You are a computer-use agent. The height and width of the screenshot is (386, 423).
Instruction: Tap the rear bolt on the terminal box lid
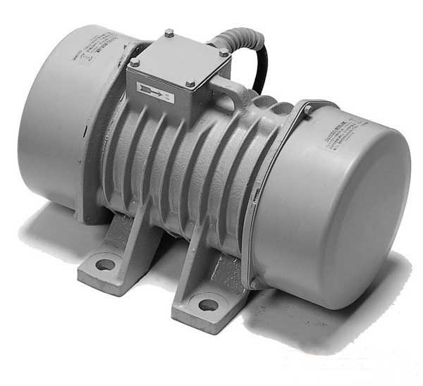[169, 32]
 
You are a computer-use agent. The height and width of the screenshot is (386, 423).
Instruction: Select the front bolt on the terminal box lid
[189, 85]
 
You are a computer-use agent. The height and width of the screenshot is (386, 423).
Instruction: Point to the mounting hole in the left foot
[106, 265]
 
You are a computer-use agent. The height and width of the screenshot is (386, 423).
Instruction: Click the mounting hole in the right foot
[208, 305]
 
